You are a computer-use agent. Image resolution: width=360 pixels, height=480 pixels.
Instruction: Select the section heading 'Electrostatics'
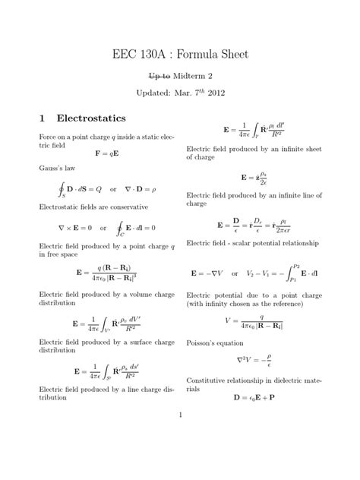[91, 119]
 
